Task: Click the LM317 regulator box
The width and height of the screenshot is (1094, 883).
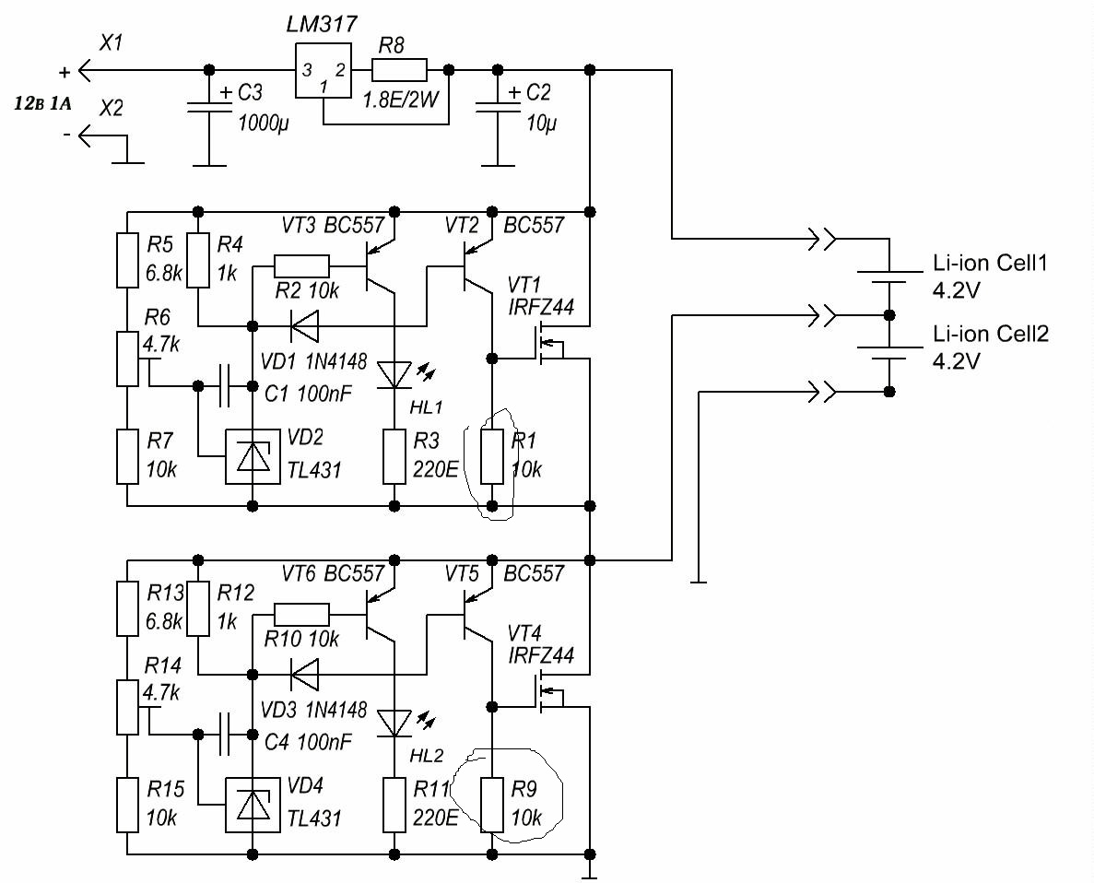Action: [x=323, y=70]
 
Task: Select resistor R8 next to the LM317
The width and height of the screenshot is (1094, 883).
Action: [x=399, y=70]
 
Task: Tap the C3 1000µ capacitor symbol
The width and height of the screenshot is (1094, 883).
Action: [x=208, y=107]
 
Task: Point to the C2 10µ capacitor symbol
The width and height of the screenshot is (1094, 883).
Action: [x=498, y=107]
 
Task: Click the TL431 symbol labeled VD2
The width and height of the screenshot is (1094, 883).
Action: [x=253, y=457]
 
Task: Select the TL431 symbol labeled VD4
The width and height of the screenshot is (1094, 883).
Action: [x=253, y=806]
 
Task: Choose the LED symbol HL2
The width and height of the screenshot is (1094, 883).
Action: [x=394, y=724]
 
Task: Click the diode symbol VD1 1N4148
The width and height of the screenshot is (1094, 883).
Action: [x=304, y=325]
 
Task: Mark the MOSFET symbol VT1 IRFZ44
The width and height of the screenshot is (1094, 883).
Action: [x=550, y=343]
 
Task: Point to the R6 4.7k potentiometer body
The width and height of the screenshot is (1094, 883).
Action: [x=127, y=359]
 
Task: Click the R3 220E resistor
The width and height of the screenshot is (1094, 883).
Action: [x=394, y=457]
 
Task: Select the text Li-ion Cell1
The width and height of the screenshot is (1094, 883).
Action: [x=990, y=264]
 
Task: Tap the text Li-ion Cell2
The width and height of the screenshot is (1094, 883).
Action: [x=991, y=334]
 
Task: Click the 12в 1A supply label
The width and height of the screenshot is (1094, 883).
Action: [x=42, y=105]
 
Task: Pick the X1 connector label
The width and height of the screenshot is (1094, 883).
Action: [x=111, y=43]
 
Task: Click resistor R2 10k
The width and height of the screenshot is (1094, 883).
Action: [x=301, y=266]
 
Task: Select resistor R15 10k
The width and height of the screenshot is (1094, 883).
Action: [x=127, y=806]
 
